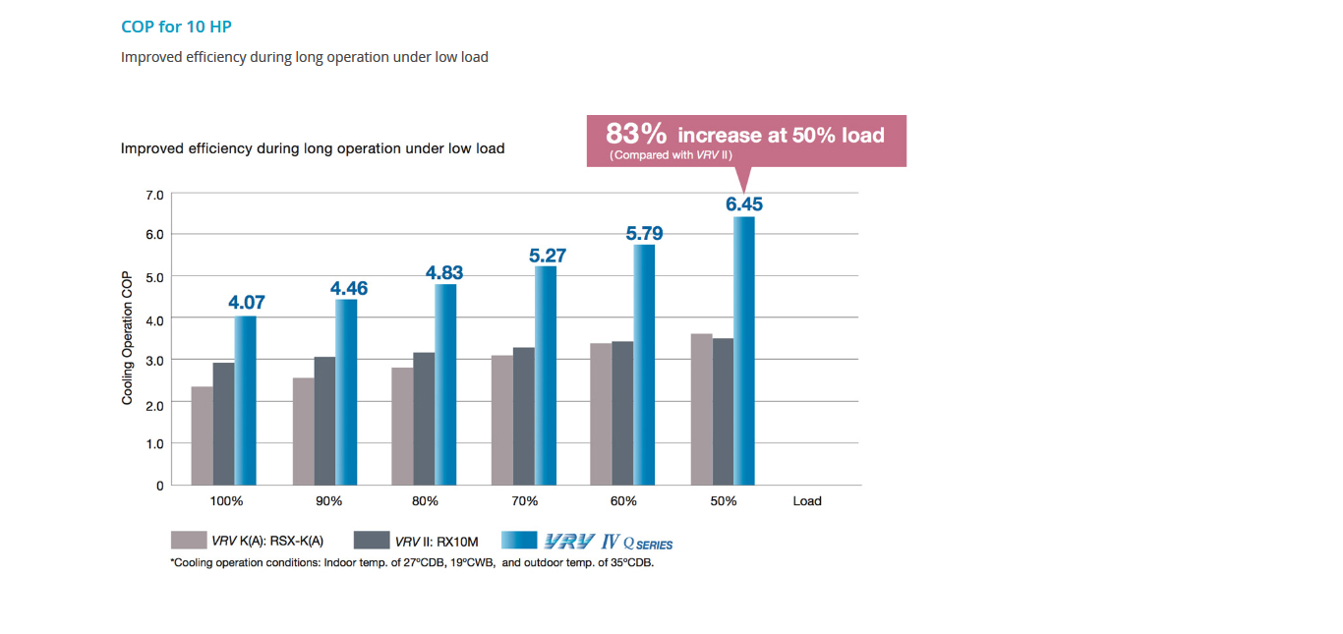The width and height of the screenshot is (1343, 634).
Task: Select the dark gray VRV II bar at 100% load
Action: tap(223, 424)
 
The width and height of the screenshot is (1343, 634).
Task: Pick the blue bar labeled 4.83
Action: tap(445, 384)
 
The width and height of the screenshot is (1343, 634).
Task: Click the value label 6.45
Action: tap(744, 205)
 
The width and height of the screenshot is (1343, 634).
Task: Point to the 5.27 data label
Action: tap(547, 256)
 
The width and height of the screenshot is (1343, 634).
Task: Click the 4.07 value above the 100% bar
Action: tap(246, 303)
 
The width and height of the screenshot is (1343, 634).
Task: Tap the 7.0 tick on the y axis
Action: tap(154, 195)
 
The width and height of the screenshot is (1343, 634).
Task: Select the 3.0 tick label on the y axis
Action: tap(154, 361)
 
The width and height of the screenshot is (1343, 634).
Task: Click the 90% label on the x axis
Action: tap(328, 501)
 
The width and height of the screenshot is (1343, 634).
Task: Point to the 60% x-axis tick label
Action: tap(623, 501)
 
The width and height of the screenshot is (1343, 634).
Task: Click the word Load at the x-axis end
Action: tap(807, 501)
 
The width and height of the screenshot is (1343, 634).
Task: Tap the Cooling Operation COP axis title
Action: tap(128, 339)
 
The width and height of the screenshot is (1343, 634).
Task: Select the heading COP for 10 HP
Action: tap(176, 27)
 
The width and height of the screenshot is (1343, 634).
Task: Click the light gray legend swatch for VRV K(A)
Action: tap(188, 541)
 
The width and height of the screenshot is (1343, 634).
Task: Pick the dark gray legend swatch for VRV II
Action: tap(371, 541)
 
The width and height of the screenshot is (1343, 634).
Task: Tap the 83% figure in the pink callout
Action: tap(636, 134)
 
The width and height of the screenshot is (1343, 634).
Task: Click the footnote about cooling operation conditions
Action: tap(412, 563)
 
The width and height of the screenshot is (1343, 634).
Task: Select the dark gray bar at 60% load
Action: tap(622, 413)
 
